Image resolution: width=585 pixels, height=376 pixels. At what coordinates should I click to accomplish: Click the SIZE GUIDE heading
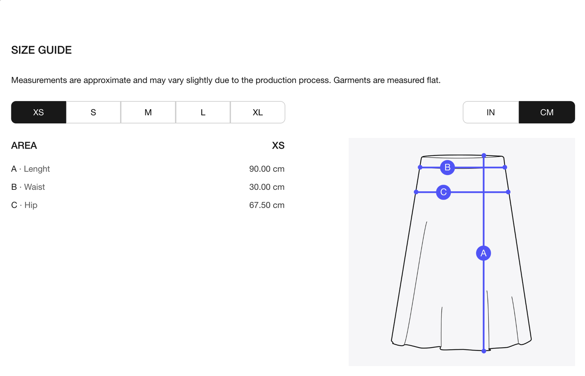41,50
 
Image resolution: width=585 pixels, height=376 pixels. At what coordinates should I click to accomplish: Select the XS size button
38,112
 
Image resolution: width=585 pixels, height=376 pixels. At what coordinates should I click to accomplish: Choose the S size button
93,112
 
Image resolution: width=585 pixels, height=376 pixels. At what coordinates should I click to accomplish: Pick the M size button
148,112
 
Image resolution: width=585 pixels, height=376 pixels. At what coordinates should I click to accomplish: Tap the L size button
203,112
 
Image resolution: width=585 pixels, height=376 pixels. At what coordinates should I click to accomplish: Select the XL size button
258,112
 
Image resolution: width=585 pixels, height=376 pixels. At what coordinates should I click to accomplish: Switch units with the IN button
491,112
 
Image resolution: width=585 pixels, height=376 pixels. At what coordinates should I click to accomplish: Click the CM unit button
547,112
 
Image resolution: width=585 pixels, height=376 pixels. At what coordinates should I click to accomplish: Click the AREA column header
24,145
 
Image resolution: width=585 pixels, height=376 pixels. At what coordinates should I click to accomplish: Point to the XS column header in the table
278,145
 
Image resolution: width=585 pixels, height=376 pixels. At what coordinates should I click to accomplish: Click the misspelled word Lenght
37,169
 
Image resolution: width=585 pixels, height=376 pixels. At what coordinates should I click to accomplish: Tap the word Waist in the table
34,187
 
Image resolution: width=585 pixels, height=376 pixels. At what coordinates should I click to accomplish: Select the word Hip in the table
31,205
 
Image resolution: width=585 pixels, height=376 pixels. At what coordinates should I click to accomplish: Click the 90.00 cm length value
267,169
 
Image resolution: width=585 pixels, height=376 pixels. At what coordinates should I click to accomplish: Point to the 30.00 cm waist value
267,187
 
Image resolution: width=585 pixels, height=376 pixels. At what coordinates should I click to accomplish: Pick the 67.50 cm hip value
267,205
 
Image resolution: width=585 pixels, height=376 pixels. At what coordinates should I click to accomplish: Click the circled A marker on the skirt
483,253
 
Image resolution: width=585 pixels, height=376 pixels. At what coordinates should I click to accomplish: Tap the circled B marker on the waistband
447,168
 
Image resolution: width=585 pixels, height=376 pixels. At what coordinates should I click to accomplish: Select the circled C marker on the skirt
443,192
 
